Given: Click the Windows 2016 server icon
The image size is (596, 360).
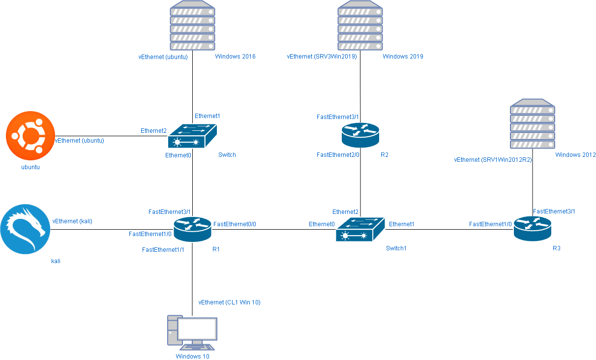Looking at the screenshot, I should [x=192, y=26].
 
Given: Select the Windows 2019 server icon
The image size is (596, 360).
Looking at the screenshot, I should [x=360, y=26].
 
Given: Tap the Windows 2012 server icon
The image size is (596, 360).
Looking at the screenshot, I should [x=532, y=124].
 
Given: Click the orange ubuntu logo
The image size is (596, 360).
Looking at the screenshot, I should [x=30, y=136].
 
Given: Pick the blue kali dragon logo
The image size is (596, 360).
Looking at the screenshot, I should [x=25, y=229].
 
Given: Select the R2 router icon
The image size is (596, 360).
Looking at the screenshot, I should [x=360, y=135].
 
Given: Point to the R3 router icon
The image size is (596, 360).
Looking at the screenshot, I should [x=532, y=229].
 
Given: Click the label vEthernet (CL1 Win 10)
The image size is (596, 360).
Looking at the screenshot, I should [x=229, y=302].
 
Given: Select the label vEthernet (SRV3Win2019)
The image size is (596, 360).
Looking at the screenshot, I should [x=322, y=57].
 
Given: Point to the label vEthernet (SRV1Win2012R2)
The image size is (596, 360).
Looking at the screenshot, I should [x=493, y=160].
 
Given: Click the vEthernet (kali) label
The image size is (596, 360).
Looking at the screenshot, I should [x=72, y=221].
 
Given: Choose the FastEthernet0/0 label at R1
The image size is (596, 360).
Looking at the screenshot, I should [x=235, y=224].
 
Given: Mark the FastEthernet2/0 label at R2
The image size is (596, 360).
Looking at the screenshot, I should [x=338, y=155].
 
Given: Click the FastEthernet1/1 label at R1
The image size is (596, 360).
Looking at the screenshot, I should [x=163, y=250].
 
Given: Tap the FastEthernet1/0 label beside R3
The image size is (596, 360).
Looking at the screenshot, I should [x=490, y=224].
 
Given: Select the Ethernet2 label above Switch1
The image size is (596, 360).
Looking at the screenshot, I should [x=345, y=212].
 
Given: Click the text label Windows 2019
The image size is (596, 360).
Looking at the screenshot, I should [x=403, y=57].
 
